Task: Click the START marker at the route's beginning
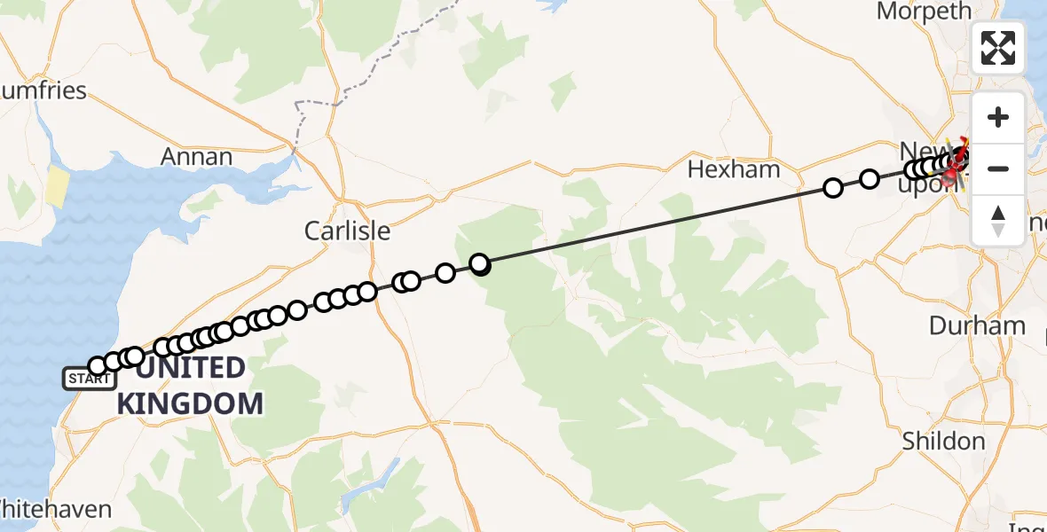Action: point(89,379)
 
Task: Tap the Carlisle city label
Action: point(347,231)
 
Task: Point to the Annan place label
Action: point(196,157)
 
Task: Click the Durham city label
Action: point(977,325)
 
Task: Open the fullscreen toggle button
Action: point(998,48)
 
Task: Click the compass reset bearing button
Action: point(998,220)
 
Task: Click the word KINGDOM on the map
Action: point(191,403)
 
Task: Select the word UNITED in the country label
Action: point(191,367)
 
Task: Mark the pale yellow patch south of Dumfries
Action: point(57,186)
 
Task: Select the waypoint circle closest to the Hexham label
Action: point(833,188)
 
